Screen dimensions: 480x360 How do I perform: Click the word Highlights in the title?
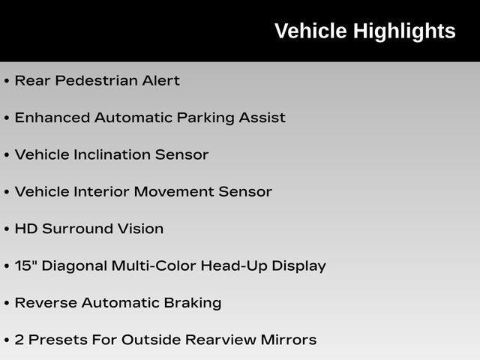click(x=404, y=31)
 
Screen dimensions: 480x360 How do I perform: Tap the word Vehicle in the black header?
click(x=310, y=31)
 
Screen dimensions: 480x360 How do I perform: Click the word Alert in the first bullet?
click(x=160, y=80)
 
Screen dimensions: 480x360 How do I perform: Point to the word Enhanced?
click(x=52, y=118)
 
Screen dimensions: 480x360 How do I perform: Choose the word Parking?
click(x=205, y=118)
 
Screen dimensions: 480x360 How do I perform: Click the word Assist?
click(x=262, y=118)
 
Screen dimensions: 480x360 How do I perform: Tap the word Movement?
click(x=174, y=192)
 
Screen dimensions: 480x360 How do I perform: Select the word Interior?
click(x=102, y=192)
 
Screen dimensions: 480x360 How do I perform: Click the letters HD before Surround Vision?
click(x=26, y=229)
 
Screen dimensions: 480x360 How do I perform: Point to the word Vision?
click(x=140, y=229)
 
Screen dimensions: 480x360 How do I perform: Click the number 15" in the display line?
click(x=23, y=265)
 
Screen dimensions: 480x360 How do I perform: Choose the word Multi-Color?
click(x=154, y=265)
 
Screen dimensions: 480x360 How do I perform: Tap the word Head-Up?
click(x=234, y=266)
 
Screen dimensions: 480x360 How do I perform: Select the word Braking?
click(x=193, y=303)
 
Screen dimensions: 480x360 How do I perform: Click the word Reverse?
click(x=46, y=303)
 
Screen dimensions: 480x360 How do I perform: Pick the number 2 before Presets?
click(x=19, y=340)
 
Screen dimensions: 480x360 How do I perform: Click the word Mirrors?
click(x=289, y=340)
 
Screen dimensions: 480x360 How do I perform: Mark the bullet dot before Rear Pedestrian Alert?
click(x=7, y=81)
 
